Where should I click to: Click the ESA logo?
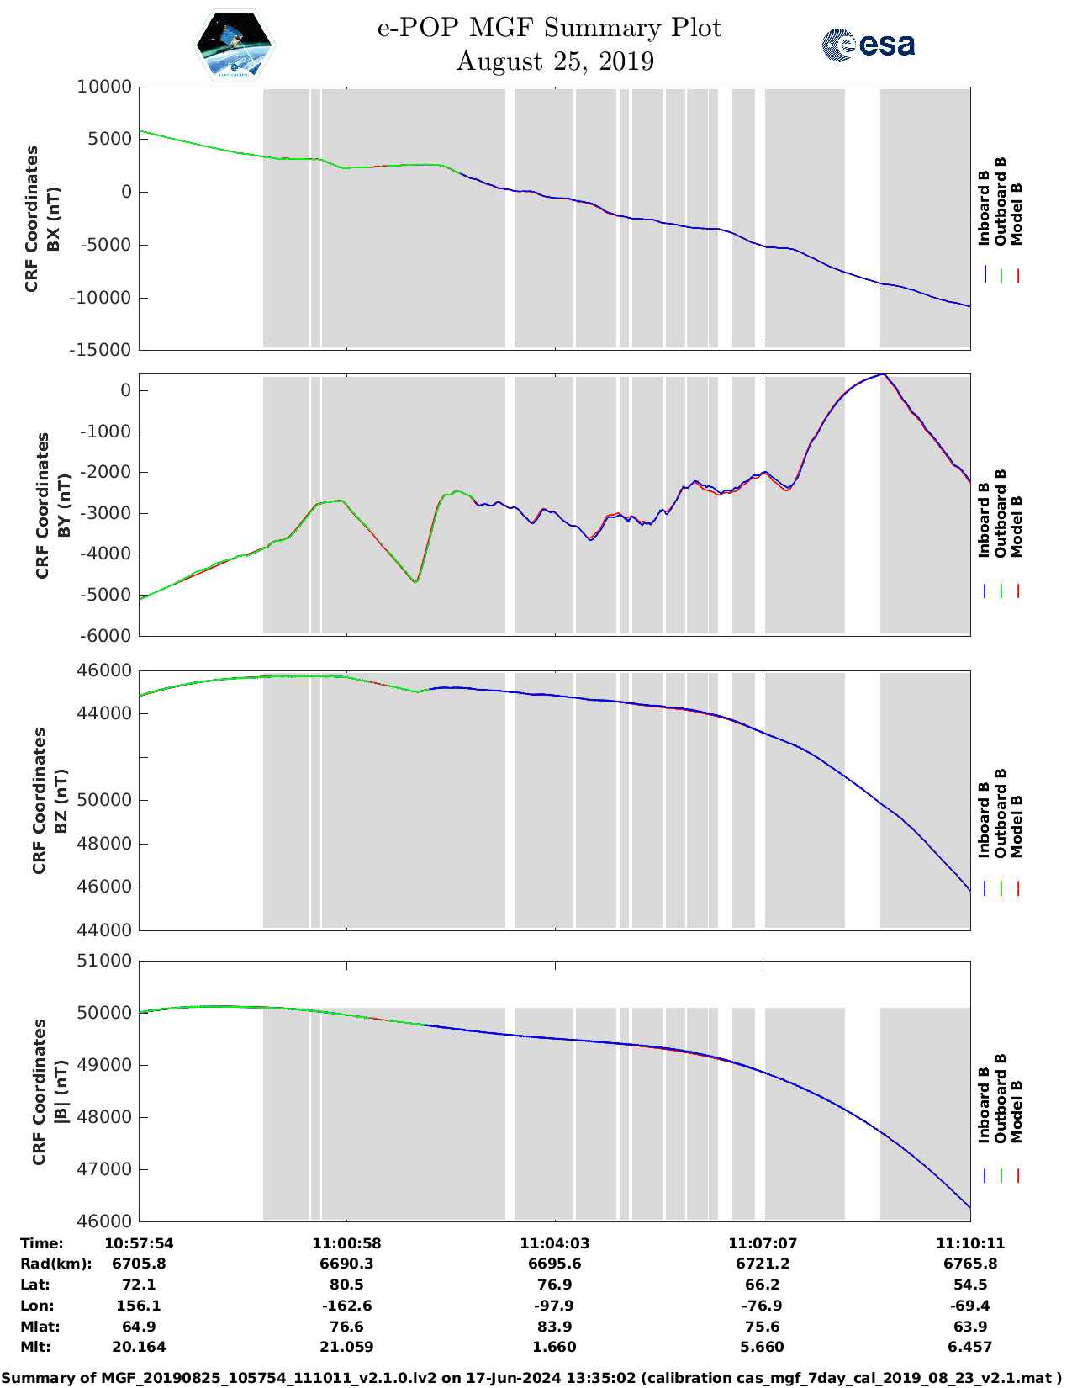coord(869,45)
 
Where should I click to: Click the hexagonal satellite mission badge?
coord(234,45)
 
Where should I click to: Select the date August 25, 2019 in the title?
coord(555,61)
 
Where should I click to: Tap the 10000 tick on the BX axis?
coord(104,87)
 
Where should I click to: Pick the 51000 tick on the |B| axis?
coord(104,961)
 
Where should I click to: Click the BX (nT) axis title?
coord(53,219)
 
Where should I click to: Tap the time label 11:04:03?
coord(554,1243)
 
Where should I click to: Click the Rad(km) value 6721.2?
coord(762,1264)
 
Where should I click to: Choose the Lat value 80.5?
coord(346,1285)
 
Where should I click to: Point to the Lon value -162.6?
coord(346,1306)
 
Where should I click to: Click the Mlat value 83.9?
coord(554,1327)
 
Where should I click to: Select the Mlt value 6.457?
coord(969,1347)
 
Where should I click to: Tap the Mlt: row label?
coord(35,1347)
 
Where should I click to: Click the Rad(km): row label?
coord(55,1264)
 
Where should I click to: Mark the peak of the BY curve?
coord(882,375)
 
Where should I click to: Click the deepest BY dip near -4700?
coord(415,581)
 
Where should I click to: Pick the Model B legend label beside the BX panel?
coord(1017,215)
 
